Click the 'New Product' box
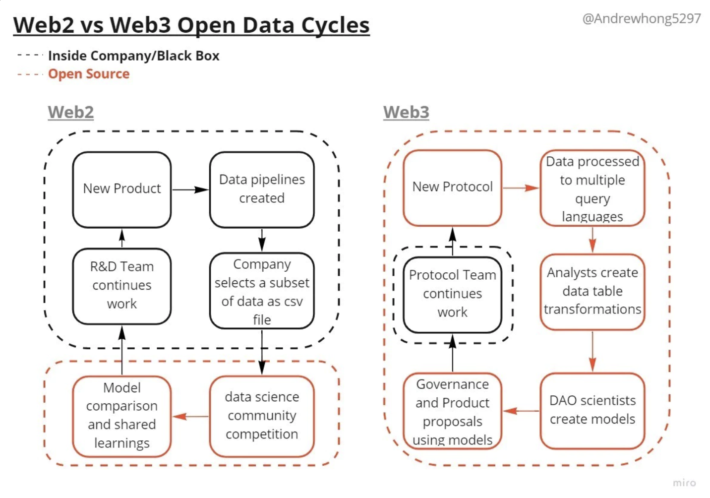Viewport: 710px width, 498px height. coord(122,189)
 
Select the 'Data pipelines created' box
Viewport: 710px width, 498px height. coord(262,189)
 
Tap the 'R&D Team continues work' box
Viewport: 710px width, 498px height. coord(122,286)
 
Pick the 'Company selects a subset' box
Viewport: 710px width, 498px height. coord(262,291)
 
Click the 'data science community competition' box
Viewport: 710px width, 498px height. coord(262,416)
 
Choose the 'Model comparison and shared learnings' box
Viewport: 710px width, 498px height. coord(122,416)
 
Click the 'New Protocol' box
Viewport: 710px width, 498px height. coord(452,187)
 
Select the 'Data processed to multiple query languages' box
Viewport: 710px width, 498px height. coord(592,187)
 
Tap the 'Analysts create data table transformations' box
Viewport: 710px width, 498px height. coord(592,292)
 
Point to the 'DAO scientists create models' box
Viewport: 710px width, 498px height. coord(592,411)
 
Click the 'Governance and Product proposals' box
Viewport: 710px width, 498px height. coord(452,411)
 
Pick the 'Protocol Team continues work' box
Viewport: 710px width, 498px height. coord(452,295)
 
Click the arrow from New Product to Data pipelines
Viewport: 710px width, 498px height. coord(190,189)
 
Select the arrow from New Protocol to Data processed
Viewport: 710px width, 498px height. coord(521,187)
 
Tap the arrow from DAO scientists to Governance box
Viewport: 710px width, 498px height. coord(521,411)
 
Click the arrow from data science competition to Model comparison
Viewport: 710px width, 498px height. coord(190,416)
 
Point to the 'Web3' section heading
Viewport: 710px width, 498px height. coord(406,112)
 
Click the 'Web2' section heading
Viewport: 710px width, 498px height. coord(71,112)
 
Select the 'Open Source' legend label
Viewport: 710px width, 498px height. coord(89,74)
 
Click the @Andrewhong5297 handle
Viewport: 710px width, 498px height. coord(642,18)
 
